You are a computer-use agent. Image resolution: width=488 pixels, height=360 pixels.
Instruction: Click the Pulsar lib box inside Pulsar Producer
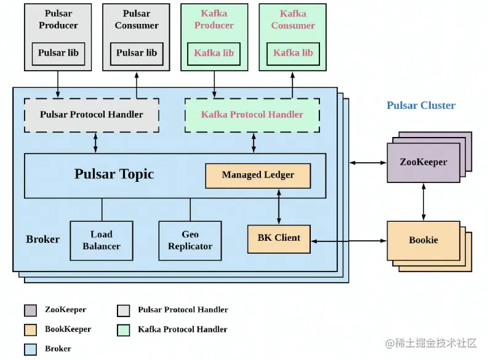[x=58, y=53]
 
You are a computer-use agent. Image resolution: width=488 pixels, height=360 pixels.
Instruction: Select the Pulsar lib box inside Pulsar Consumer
[x=137, y=53]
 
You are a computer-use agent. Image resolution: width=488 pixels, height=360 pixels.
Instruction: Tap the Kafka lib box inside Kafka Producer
[x=214, y=53]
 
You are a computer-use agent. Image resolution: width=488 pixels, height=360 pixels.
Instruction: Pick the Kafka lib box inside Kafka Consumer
[x=293, y=53]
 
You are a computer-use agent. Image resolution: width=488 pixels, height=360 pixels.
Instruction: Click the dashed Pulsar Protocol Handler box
[x=91, y=115]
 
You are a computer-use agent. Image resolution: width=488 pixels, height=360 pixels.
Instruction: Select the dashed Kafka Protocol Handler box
[x=252, y=115]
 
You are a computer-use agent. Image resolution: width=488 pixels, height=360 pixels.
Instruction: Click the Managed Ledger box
[x=258, y=176]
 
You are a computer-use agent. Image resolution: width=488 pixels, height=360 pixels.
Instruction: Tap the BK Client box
[x=279, y=239]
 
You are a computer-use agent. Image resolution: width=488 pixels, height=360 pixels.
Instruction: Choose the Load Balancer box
[x=102, y=240]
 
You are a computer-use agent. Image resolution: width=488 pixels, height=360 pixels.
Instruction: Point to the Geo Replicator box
[x=190, y=240]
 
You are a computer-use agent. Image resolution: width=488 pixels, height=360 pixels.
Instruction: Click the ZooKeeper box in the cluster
[x=423, y=163]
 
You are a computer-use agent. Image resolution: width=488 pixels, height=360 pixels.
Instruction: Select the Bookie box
[x=423, y=240]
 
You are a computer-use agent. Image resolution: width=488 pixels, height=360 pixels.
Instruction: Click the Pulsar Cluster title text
[x=421, y=106]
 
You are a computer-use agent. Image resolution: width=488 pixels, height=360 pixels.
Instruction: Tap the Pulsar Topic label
[x=114, y=174]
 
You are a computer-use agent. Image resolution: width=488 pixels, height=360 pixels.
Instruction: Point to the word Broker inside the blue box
[x=43, y=240]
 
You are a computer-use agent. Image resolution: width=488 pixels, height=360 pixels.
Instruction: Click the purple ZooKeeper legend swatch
[x=31, y=310]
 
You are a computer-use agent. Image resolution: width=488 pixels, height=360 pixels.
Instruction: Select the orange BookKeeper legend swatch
[x=31, y=330]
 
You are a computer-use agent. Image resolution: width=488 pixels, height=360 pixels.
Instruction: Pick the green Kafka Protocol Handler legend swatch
[x=124, y=330]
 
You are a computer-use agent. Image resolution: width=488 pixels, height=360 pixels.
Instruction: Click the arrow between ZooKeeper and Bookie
[x=423, y=202]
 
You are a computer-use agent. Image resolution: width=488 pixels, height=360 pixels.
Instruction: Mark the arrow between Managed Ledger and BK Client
[x=279, y=207]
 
